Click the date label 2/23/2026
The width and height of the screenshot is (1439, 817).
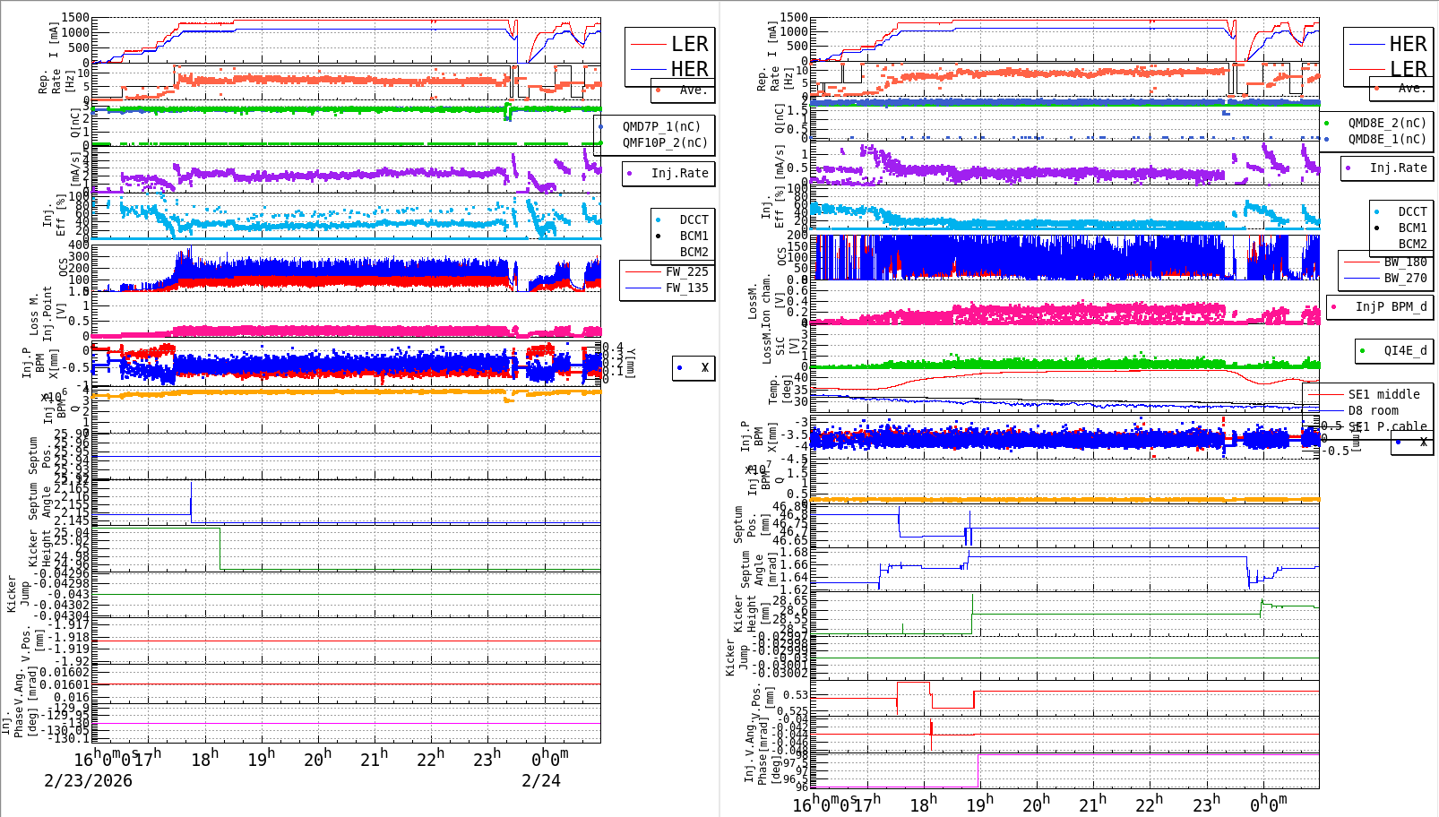point(88,781)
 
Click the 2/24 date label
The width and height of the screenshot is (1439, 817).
point(541,781)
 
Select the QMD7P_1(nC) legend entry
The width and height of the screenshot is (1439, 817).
point(661,126)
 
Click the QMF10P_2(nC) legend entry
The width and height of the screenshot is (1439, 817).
point(665,142)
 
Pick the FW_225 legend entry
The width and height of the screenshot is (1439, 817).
point(686,271)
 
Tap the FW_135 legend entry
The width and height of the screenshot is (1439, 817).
point(686,288)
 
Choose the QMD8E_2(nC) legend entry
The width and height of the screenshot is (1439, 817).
point(1386,123)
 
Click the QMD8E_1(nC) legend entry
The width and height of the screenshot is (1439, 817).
point(1386,139)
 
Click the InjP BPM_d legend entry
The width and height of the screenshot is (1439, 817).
point(1391,306)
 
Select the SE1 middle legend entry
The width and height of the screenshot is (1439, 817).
point(1383,394)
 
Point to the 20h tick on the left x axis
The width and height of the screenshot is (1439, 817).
point(317,760)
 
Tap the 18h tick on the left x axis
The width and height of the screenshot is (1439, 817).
point(204,760)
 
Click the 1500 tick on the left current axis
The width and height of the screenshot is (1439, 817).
point(75,18)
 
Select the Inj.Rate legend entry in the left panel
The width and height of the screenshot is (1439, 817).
point(679,173)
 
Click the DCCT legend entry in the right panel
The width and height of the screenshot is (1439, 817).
point(1412,212)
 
